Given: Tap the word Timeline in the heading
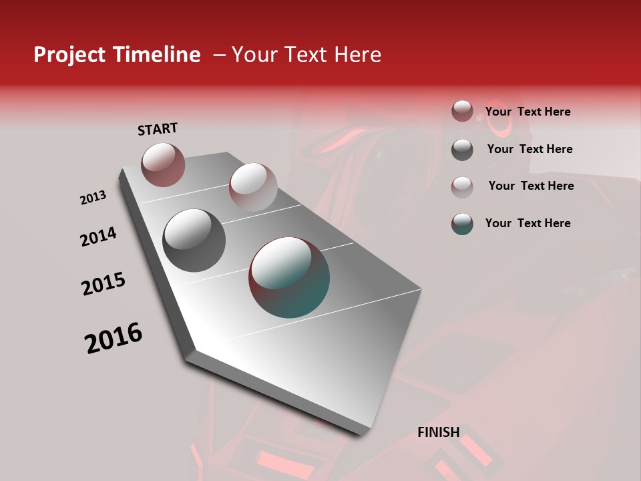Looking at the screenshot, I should point(157,55).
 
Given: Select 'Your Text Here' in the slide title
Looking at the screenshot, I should point(306,55).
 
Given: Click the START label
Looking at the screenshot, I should point(158,129).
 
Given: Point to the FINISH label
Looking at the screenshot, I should point(439,432).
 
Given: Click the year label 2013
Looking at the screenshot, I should point(93,198).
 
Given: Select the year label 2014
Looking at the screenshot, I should point(98,236).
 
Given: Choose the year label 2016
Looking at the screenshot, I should point(114,338).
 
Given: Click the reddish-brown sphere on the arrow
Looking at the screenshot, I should point(163,164).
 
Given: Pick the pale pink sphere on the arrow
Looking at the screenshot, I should point(252,186).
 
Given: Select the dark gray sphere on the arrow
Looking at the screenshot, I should point(194,240).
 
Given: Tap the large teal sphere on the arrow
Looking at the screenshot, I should point(289,277).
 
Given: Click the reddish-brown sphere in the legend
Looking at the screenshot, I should point(462,112).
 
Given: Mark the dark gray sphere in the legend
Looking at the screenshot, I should point(462,150).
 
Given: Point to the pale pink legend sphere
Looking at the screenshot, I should point(462,186).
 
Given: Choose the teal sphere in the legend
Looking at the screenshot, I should point(462,224).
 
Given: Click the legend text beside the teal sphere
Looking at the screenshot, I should point(528,223).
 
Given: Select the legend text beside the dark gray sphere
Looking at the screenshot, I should point(529,149).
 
